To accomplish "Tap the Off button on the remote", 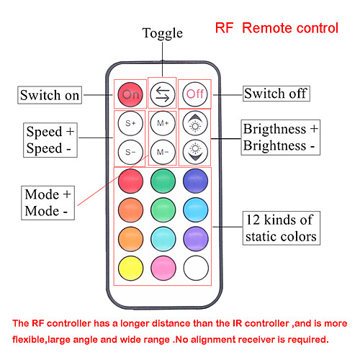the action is [x=195, y=94].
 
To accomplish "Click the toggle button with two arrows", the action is [x=163, y=94].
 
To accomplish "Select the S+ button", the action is [x=130, y=123].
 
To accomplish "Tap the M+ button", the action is [x=163, y=123].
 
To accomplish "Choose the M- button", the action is [x=163, y=152].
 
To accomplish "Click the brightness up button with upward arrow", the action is [x=195, y=123].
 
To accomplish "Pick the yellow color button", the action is [x=131, y=268].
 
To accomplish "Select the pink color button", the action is [x=163, y=268].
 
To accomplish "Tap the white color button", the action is [x=196, y=268].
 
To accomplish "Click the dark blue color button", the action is [x=195, y=181].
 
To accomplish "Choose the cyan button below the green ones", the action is [x=163, y=239].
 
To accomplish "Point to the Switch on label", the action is [x=50, y=95].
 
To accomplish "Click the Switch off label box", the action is [x=276, y=94].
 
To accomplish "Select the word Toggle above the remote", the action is [x=163, y=33].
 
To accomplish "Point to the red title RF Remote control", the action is [x=276, y=28].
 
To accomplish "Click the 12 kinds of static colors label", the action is [x=282, y=228].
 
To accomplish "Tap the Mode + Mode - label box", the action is [x=48, y=203].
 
